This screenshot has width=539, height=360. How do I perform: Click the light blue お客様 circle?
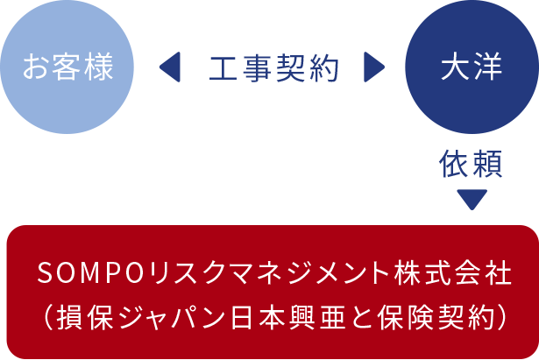click(68, 67)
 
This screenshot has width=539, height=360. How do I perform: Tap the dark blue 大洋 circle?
click(472, 67)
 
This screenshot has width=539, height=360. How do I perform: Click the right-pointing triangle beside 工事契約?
click(374, 67)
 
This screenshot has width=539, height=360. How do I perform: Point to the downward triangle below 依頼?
click(472, 199)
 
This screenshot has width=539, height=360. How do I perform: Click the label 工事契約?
click(273, 67)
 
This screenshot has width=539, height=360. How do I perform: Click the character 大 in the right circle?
click(455, 67)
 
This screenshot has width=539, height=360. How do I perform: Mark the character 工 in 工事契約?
click(223, 67)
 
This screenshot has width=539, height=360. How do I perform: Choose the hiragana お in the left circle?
click(36, 67)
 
